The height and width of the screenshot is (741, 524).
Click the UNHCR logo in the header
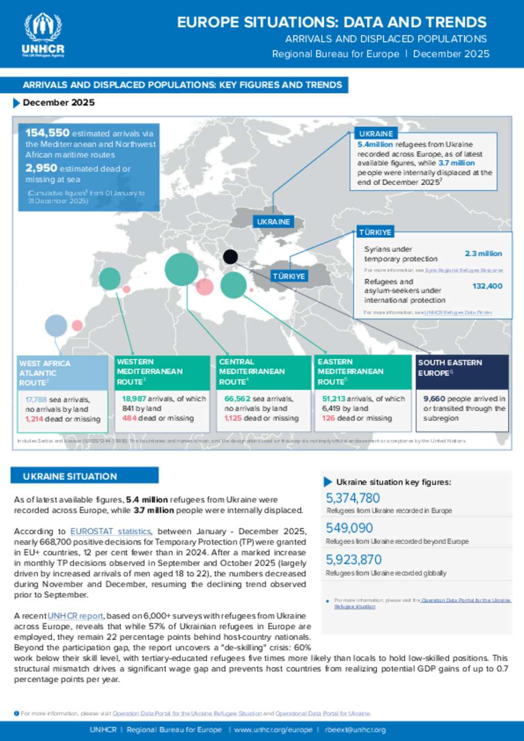pyautogui.click(x=43, y=34)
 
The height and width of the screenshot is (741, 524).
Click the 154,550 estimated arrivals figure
pyautogui.click(x=48, y=133)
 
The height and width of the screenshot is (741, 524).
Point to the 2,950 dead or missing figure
pyautogui.click(x=41, y=168)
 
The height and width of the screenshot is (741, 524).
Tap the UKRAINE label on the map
pyautogui.click(x=273, y=222)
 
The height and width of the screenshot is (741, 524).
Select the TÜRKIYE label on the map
pyautogui.click(x=289, y=276)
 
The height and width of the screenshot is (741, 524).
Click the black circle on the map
pyautogui.click(x=230, y=257)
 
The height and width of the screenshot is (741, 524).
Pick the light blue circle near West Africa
pyautogui.click(x=56, y=326)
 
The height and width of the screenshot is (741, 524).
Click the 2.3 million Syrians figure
pyautogui.click(x=483, y=254)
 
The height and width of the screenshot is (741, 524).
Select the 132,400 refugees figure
pyautogui.click(x=487, y=286)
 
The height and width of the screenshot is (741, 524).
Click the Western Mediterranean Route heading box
pyautogui.click(x=162, y=372)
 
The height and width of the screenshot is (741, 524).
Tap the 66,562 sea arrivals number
pyautogui.click(x=237, y=399)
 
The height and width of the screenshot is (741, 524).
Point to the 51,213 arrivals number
pyautogui.click(x=334, y=399)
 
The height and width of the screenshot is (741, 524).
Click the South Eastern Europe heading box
pyautogui.click(x=462, y=372)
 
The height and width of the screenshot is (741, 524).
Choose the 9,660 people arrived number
pyautogui.click(x=434, y=399)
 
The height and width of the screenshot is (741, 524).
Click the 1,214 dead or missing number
pyautogui.click(x=34, y=419)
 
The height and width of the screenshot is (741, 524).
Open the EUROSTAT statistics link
pyautogui.click(x=111, y=531)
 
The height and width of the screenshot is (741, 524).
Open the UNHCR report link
pyautogui.click(x=75, y=616)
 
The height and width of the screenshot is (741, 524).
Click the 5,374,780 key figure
pyautogui.click(x=353, y=498)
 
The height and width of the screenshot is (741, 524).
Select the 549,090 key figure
pyautogui.click(x=350, y=528)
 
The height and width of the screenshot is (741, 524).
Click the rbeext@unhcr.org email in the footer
pyautogui.click(x=355, y=730)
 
